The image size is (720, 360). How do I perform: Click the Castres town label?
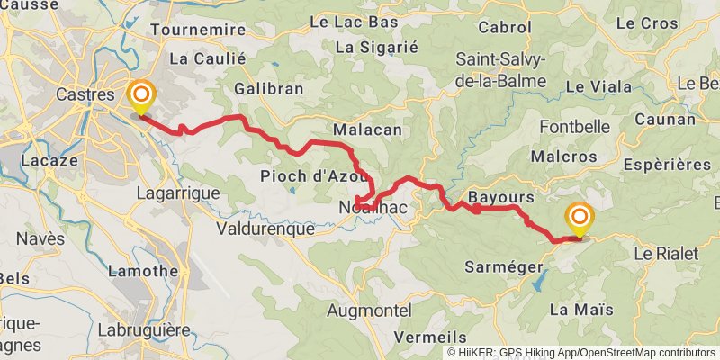coord(85,94)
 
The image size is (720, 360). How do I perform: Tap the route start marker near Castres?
coord(141,96)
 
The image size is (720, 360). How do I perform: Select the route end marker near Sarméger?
coord(579,220)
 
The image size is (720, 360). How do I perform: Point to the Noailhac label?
coord(373,208)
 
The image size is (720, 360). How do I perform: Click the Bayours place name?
coord(501,196)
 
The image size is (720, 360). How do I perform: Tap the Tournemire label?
coord(198,30)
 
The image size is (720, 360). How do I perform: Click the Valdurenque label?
coord(265,229)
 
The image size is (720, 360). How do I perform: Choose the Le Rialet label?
coord(666,254)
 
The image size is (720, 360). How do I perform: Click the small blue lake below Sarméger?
coord(537,283)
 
